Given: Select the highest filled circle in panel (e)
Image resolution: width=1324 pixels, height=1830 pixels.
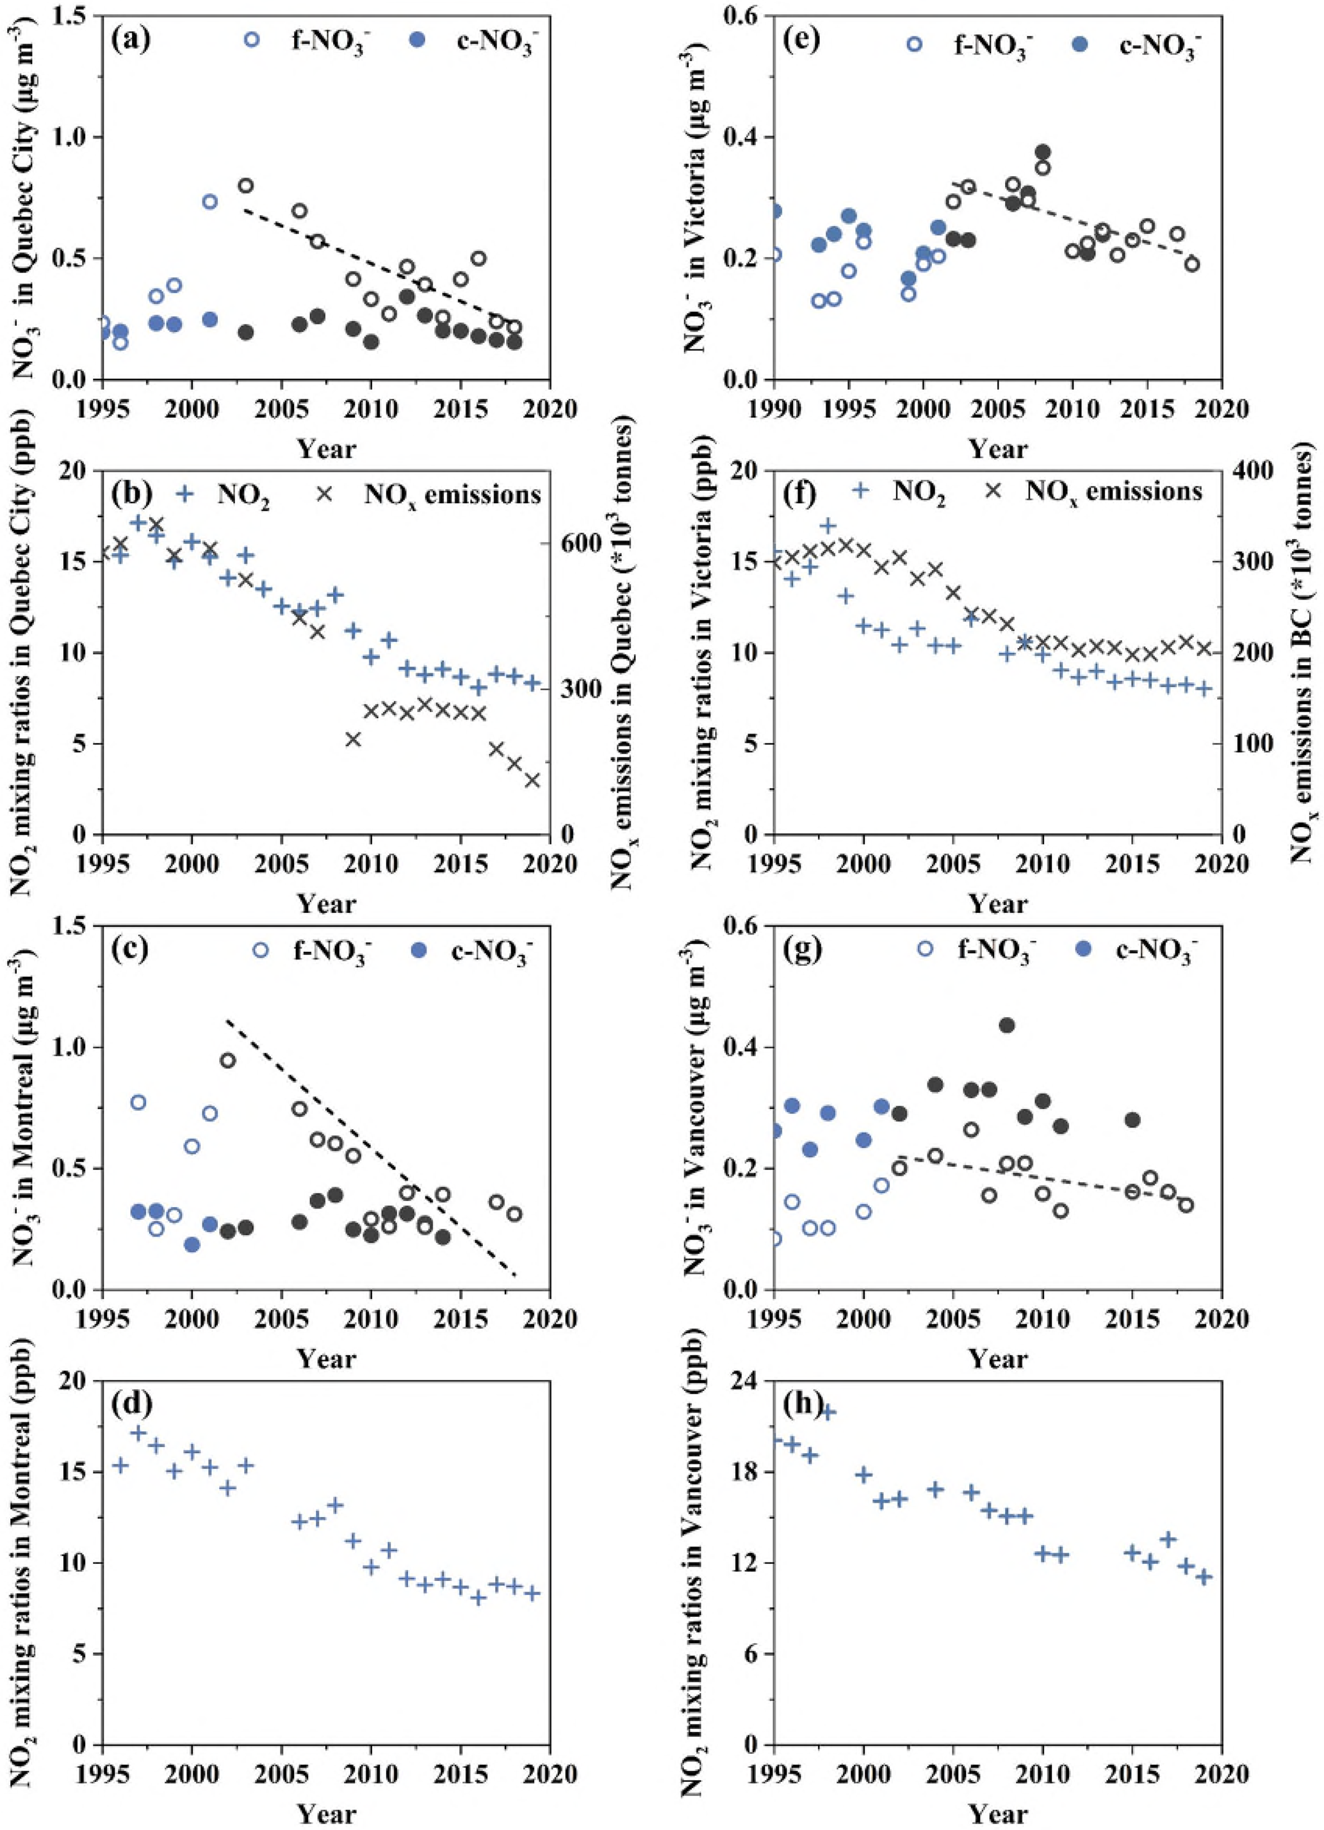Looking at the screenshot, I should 1042,152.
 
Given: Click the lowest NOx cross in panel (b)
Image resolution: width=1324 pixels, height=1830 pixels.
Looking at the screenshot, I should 532,780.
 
